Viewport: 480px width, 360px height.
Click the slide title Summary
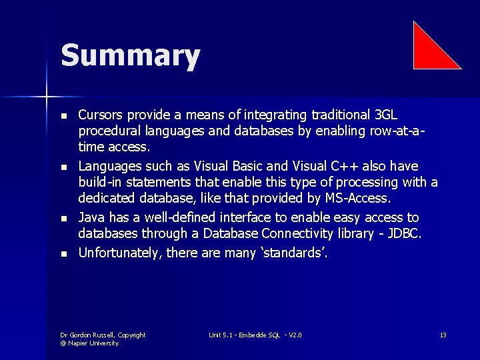130,55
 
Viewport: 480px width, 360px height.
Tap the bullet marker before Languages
63,167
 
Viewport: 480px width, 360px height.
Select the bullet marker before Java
63,218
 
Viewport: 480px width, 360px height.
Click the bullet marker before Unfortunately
63,253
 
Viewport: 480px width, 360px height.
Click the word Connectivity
301,234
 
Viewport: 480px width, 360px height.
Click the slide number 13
443,335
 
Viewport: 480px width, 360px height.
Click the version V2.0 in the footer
291,335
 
